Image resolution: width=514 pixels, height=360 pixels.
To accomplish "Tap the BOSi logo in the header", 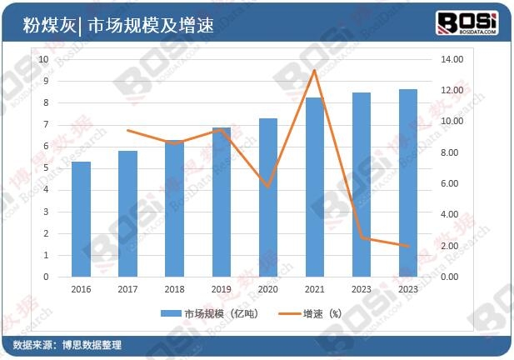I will click(467, 22).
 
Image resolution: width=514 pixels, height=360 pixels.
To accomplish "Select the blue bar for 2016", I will click(81, 219).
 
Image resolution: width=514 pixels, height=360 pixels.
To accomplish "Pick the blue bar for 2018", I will click(174, 208).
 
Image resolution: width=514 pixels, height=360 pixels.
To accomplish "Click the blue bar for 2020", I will click(267, 197).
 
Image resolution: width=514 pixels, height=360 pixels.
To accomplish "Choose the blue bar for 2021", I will click(314, 187).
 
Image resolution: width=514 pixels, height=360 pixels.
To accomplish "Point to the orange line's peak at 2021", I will click(314, 70).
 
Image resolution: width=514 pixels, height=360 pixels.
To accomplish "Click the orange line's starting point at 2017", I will click(127, 130).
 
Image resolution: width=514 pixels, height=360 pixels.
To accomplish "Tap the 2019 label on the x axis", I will click(221, 288).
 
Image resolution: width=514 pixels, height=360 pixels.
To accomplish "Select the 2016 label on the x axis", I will click(81, 288).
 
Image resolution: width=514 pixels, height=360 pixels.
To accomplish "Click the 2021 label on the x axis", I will click(314, 288).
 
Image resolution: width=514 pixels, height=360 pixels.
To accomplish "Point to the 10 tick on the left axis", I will click(45, 59).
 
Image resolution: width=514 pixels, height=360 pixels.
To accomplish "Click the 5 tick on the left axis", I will click(47, 167).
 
